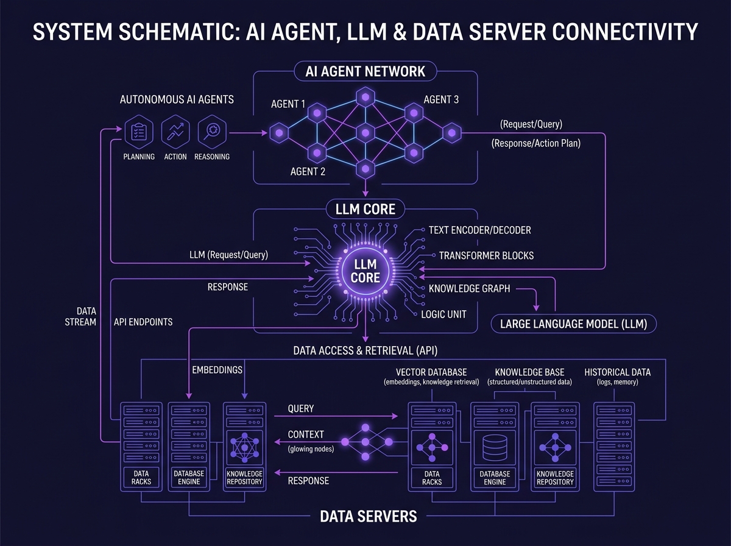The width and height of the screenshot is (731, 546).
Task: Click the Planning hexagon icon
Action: tap(139, 132)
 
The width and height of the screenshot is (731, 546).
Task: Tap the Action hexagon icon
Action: tap(175, 132)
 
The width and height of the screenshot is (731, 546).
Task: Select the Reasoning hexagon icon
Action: tap(212, 132)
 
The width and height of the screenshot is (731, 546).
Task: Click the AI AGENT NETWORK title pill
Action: tap(365, 71)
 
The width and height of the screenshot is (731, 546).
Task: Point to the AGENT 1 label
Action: tap(288, 104)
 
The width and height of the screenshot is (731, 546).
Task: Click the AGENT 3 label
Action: tap(441, 99)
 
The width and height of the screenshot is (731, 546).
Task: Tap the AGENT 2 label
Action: tap(308, 172)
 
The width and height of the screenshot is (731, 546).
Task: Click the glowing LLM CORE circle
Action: tap(365, 271)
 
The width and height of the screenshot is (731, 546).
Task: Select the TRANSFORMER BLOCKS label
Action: tap(486, 255)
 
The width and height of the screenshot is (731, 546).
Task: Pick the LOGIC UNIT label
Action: tap(443, 314)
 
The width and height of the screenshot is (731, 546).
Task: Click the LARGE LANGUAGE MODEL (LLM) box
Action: tap(573, 324)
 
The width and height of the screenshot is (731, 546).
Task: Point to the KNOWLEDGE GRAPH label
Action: tap(469, 288)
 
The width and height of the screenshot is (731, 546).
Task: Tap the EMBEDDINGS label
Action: tap(217, 370)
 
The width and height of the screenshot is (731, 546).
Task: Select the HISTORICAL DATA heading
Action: tap(618, 372)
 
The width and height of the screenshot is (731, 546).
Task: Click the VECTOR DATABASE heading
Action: tap(431, 372)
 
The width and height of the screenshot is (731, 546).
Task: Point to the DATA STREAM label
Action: tap(80, 316)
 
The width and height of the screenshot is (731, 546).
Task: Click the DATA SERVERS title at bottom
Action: tap(369, 516)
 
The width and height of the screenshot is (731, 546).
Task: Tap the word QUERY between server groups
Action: tap(301, 408)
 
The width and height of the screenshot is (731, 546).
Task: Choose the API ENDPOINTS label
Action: tap(143, 322)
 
